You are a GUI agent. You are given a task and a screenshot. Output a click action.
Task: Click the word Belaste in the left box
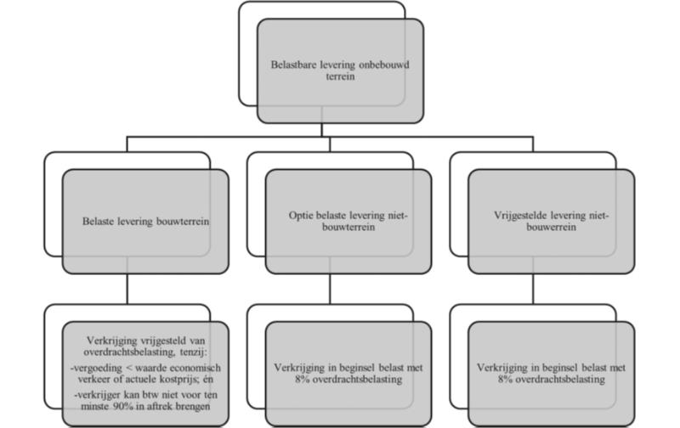click(x=99, y=222)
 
